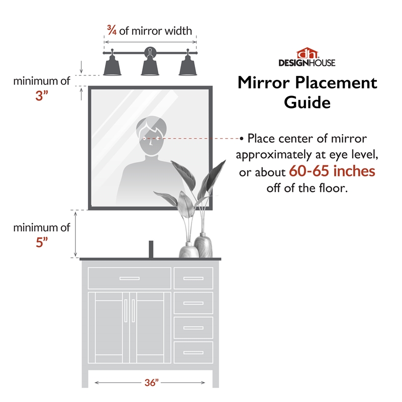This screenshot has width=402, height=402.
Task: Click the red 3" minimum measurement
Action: [x=41, y=95]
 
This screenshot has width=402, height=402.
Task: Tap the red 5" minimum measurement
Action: [x=41, y=242]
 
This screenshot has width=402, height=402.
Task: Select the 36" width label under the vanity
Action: [x=151, y=383]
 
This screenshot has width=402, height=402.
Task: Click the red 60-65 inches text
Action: [x=332, y=171]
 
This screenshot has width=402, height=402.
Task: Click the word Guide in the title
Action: [x=307, y=103]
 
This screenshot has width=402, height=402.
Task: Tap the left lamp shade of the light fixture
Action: [x=112, y=66]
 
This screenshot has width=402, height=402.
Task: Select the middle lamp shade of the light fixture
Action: [x=150, y=66]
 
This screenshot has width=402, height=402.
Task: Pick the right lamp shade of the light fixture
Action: [x=187, y=66]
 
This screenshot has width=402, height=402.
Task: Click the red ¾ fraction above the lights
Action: [x=111, y=31]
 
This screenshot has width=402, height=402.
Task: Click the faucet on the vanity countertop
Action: [x=150, y=249]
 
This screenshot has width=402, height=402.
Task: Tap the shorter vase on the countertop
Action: [x=187, y=250]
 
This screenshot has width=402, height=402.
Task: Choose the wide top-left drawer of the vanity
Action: [x=130, y=278]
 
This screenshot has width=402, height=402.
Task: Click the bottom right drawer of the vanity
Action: [x=193, y=352]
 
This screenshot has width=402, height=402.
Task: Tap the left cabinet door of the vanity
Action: [x=109, y=327]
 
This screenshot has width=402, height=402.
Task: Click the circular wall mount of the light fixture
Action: [x=150, y=51]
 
